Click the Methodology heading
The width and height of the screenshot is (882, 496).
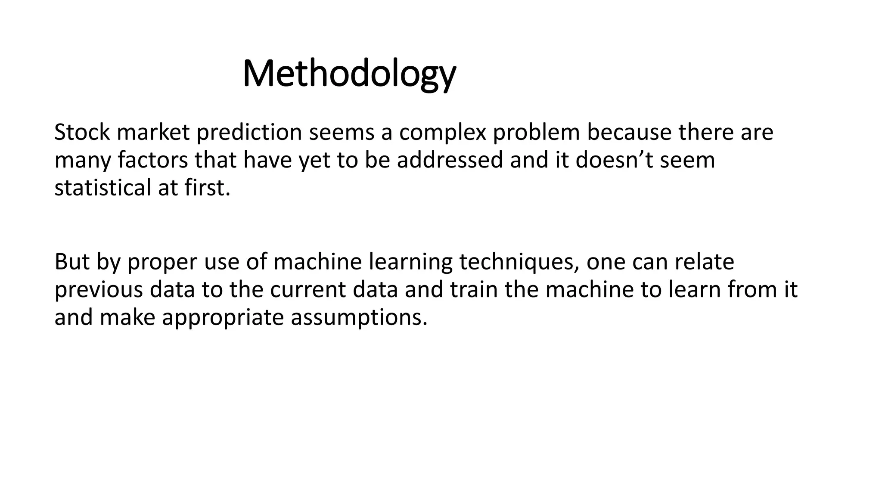(x=349, y=74)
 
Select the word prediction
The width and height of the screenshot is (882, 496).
(x=249, y=132)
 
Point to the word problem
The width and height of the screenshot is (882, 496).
(x=536, y=132)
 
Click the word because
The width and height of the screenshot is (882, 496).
(x=629, y=132)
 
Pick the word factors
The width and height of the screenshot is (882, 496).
(x=152, y=160)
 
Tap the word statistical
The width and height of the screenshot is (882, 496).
(x=102, y=188)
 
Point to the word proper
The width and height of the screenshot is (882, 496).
(x=162, y=262)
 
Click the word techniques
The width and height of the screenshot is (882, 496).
(x=519, y=262)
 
